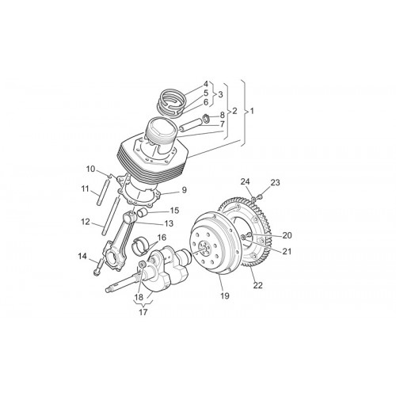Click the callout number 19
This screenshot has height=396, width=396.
pos(225,295)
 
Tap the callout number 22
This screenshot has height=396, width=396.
pos(258,285)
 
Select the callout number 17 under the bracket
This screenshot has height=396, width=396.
pos(143,312)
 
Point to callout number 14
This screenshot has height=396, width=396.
pos(82,256)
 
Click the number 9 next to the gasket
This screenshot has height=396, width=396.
pos(184,190)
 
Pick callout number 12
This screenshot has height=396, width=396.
pos(86,222)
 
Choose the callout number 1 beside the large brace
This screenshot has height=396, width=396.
pos(252,111)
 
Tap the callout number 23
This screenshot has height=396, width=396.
pos(275,182)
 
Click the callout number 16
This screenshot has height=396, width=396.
pos(162,238)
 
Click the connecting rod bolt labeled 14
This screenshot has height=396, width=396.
pos(98,267)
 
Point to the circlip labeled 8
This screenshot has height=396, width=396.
pos(207,118)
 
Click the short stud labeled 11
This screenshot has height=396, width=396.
pos(102,191)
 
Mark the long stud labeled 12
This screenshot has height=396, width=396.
pos(109,216)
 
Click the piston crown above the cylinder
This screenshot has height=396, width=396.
pos(161,128)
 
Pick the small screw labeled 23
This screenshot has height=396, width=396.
pos(260,196)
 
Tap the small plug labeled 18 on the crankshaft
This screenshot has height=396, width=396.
pos(142,264)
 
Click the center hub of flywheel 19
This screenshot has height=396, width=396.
pos(204,249)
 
